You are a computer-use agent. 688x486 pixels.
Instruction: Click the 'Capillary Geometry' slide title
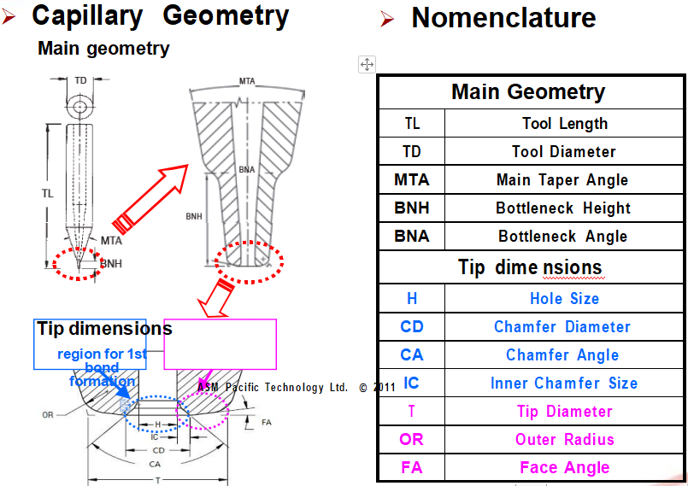(160, 15)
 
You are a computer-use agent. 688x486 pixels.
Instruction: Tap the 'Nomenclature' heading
(503, 17)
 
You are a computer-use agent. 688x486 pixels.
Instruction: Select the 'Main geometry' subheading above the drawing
(103, 49)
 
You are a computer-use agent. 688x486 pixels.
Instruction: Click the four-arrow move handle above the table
(367, 64)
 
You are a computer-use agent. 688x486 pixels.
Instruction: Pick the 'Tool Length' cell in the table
(564, 124)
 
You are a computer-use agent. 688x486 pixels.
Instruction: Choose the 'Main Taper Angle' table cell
(562, 180)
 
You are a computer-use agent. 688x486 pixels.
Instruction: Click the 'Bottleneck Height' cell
(562, 208)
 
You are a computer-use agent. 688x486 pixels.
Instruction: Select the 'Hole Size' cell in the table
(564, 299)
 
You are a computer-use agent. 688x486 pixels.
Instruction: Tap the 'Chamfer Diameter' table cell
(562, 327)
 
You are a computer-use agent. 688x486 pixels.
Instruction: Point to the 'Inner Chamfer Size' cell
(563, 384)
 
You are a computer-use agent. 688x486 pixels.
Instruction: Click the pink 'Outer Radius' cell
(564, 440)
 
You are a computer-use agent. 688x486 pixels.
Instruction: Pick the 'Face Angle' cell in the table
(564, 468)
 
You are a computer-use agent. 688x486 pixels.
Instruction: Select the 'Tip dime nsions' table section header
(529, 267)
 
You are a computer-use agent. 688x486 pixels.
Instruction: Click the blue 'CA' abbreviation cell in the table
(411, 355)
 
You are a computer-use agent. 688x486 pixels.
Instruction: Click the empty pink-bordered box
(220, 343)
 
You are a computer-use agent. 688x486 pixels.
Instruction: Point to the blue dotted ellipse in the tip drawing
(156, 413)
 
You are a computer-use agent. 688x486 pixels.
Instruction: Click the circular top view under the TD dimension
(80, 108)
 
